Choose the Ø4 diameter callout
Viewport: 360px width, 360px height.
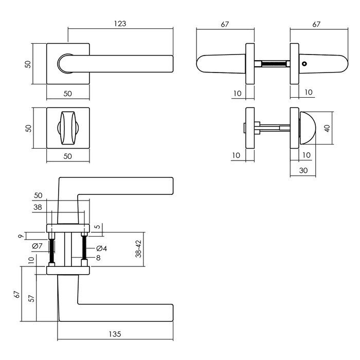(101, 249)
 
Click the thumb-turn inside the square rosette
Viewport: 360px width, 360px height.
(67, 127)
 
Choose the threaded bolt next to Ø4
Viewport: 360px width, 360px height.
(83, 248)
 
